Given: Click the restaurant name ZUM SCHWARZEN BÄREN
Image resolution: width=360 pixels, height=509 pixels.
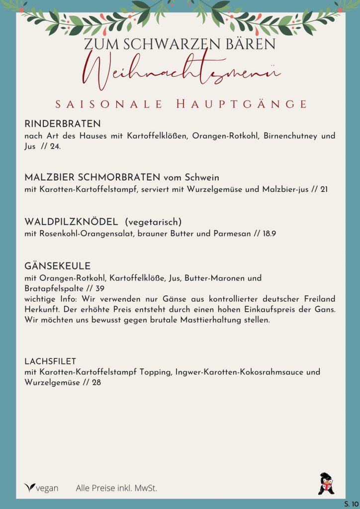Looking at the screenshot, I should [180, 44].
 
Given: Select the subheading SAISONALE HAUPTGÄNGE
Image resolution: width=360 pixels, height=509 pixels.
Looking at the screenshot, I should [180, 104].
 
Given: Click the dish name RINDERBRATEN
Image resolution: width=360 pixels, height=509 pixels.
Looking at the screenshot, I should [63, 123].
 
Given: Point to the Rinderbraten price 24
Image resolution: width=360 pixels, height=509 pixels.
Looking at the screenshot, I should [55, 147].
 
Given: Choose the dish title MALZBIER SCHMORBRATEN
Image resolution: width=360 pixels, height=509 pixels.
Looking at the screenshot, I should [92, 177].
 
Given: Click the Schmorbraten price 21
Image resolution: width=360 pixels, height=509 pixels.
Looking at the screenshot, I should [323, 189].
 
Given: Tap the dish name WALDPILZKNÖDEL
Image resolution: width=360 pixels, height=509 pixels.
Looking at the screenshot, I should [71, 221].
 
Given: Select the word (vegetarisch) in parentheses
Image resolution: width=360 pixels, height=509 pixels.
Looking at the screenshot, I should [153, 221].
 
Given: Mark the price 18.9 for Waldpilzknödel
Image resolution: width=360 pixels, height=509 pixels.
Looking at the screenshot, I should [269, 233].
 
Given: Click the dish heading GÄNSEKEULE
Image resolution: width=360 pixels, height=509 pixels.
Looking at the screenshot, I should [57, 266].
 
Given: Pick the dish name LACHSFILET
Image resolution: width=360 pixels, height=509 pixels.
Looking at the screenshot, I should [50, 360].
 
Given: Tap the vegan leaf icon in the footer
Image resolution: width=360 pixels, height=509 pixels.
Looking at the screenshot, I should [30, 488].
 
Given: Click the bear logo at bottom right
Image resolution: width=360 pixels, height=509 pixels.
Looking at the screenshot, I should [326, 484].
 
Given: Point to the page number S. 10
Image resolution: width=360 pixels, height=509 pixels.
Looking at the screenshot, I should [351, 504].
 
